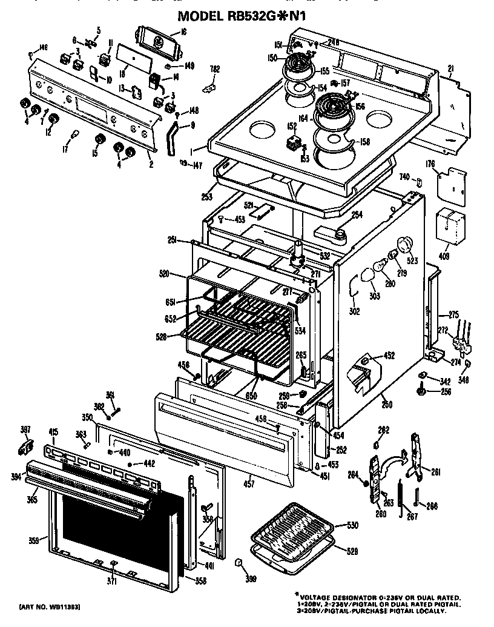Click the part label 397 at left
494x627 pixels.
[25, 430]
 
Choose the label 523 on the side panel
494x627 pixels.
[413, 261]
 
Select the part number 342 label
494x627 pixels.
[445, 382]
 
